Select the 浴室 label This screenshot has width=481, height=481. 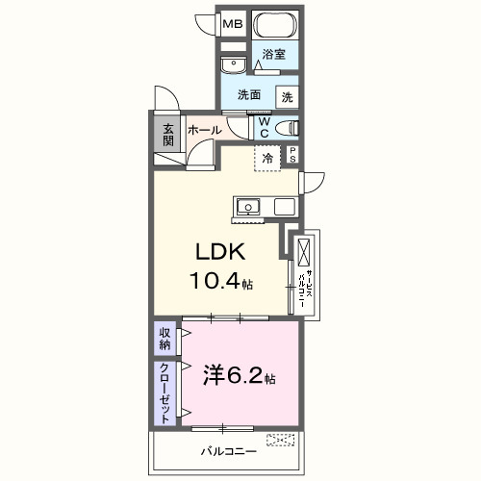(x=274, y=55)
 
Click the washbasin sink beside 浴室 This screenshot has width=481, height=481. (x=231, y=64)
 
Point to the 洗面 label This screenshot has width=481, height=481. (x=250, y=95)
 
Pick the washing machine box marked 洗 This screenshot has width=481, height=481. (x=288, y=97)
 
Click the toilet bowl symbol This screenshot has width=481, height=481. (x=287, y=127)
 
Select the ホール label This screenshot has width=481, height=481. (x=205, y=130)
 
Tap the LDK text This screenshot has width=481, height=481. (x=222, y=253)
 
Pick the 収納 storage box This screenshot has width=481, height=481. (x=165, y=340)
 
